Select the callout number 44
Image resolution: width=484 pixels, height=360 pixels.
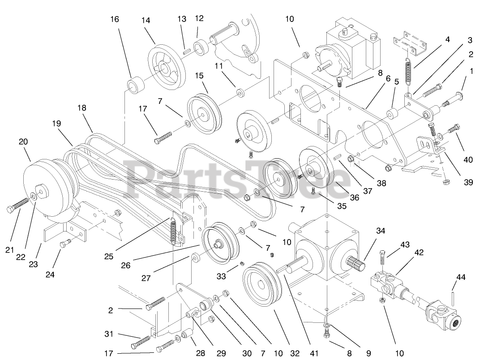pos(461,278)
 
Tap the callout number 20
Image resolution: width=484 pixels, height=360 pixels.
pos(23,142)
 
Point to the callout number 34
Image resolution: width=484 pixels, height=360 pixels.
pos(381,231)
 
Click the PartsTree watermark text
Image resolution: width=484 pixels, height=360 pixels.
pos(233,179)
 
